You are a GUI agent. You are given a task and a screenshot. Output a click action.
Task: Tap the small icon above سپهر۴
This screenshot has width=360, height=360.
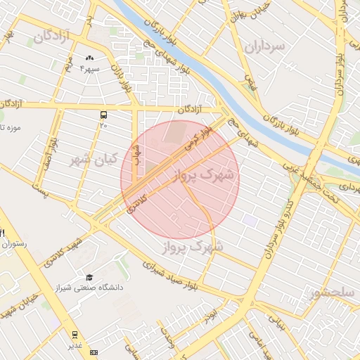pos(89,58)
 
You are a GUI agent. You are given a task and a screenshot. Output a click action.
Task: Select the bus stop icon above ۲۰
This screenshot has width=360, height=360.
pos(104,114)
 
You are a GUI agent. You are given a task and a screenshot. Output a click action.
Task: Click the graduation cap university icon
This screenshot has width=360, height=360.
pos(89,277)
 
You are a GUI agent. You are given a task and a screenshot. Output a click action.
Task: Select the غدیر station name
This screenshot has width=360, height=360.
pos(75,346)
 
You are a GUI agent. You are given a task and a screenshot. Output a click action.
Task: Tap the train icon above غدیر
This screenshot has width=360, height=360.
pos(75,335)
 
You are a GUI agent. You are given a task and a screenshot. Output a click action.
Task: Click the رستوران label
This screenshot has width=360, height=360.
pos(15,244)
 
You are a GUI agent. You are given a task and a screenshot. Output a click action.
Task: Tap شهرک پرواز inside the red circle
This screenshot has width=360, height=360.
pos(205,174)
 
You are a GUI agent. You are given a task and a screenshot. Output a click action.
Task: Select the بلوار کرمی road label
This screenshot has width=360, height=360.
pos(198,139)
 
